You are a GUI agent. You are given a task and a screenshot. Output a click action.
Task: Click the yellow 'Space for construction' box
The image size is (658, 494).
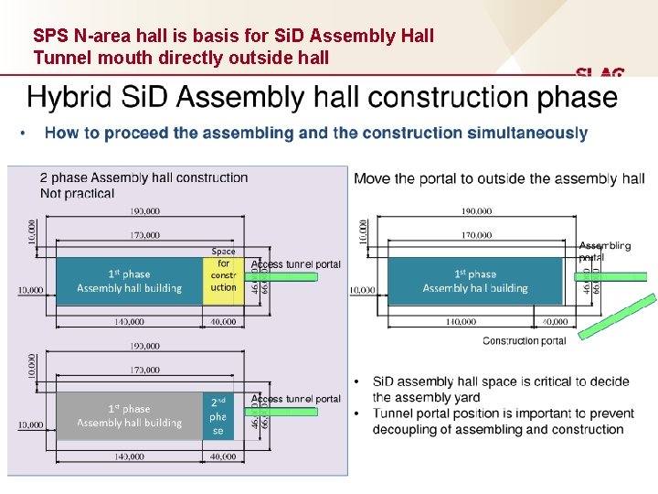tap(222, 280)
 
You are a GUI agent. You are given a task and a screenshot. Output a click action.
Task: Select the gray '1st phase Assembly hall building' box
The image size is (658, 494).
tap(129, 416)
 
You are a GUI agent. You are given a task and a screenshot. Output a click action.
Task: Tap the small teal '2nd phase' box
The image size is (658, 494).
tap(218, 416)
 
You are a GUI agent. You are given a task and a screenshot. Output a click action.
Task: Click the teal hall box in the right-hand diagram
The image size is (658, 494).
tap(475, 280)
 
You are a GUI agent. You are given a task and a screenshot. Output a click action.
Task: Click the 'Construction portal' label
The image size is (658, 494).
tap(524, 341)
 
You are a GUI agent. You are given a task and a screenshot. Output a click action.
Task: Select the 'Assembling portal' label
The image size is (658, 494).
tap(604, 251)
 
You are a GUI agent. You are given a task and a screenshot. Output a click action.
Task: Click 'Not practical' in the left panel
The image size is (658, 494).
tap(78, 193)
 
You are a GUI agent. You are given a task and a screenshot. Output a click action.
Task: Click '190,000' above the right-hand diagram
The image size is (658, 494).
tap(475, 211)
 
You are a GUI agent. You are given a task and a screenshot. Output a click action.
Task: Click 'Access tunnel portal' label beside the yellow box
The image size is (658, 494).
tap(295, 264)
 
